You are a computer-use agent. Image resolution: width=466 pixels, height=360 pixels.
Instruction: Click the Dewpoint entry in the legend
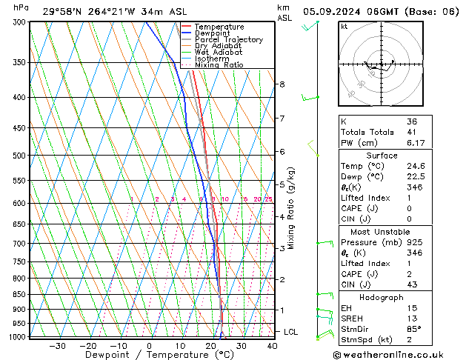(210, 33)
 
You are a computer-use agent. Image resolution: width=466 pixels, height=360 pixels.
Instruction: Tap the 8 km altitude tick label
(282, 84)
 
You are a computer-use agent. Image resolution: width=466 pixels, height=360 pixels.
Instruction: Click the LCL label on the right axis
(290, 332)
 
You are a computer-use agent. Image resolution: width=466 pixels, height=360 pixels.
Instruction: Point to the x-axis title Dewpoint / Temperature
(149, 355)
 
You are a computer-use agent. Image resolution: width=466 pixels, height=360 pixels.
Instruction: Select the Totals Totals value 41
(413, 132)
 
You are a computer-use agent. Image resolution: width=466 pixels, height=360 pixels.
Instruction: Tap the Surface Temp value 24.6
(416, 166)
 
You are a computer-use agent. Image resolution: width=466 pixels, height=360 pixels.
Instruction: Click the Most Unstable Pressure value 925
(414, 241)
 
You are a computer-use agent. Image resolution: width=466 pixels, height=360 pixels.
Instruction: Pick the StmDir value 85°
(414, 329)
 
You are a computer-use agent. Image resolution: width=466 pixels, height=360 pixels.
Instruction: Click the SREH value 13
(413, 318)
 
